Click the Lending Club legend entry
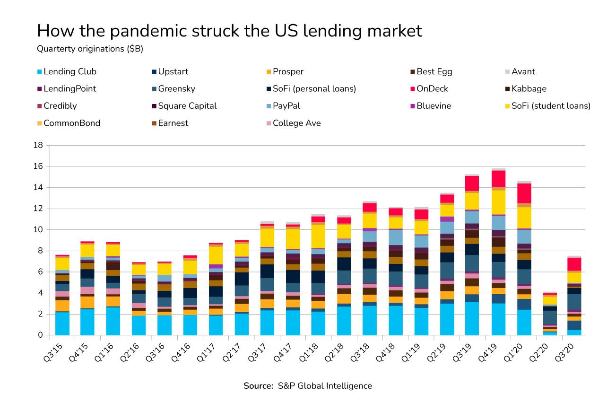[69, 72]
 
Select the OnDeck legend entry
[432, 89]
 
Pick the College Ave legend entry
[296, 123]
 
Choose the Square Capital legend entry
[187, 106]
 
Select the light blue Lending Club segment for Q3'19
[472, 318]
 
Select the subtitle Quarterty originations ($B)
[90, 49]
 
